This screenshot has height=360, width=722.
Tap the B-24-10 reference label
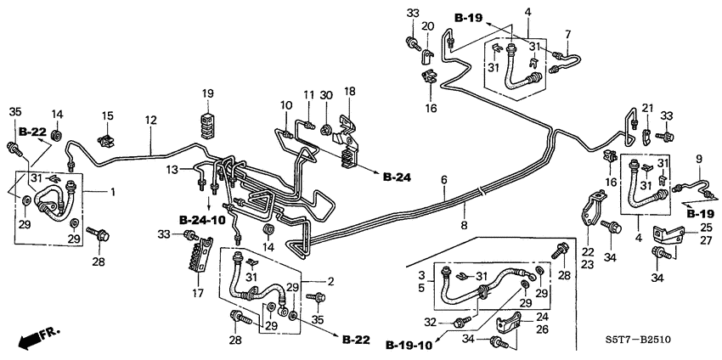coord(202,219)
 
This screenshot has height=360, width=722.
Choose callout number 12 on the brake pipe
coord(150,121)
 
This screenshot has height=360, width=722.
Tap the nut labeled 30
coord(326,129)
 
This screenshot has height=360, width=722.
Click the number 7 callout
coord(569,33)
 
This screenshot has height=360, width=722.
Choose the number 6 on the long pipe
coord(443,179)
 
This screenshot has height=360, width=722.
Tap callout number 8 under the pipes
coord(465,226)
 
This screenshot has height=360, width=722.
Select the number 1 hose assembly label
coord(110,193)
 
